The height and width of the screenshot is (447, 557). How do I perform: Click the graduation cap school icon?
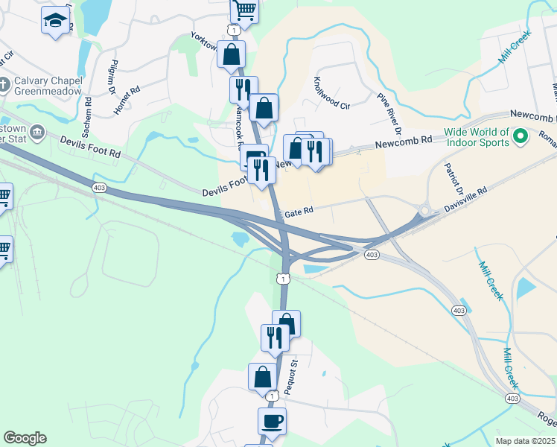pos(55,21)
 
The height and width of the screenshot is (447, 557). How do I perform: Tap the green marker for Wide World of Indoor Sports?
pos(521,136)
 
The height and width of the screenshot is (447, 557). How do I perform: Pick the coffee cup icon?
pos(272,421)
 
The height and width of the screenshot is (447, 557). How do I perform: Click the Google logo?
pos(25,438)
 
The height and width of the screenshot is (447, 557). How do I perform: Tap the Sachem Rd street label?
pos(87,117)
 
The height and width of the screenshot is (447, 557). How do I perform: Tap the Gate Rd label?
pos(300,212)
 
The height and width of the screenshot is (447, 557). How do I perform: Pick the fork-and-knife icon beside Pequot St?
pos(274,338)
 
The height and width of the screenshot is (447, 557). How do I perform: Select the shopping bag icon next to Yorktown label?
pos(232,54)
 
